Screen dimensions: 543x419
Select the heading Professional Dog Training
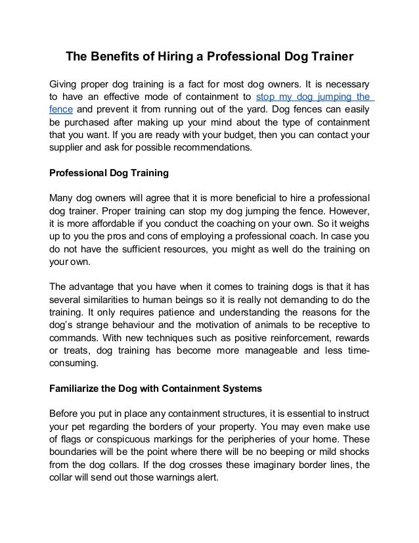click(109, 174)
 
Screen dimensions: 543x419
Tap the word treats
click(81, 350)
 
